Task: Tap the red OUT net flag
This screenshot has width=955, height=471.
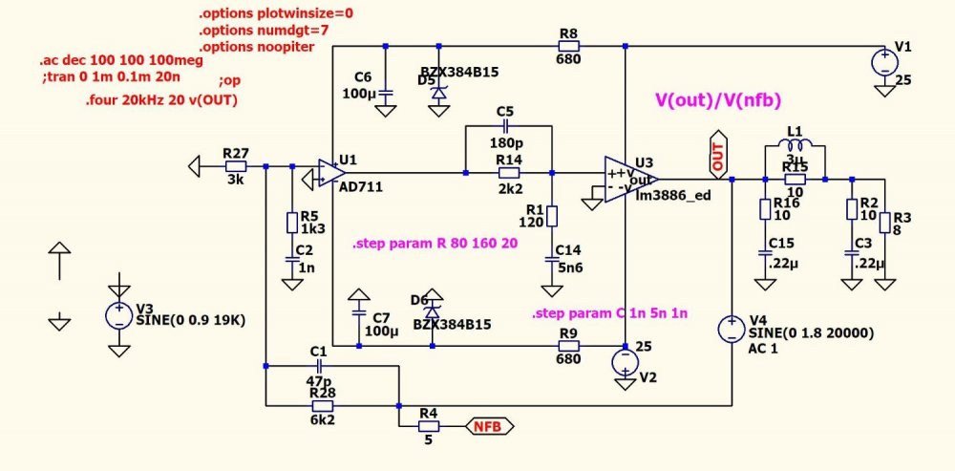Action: (x=718, y=158)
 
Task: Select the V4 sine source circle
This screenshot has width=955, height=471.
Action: (x=732, y=331)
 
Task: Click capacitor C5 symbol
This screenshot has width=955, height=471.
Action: (x=506, y=126)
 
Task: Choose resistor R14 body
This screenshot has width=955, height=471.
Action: (x=509, y=173)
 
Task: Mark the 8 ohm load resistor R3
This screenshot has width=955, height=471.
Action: (x=885, y=223)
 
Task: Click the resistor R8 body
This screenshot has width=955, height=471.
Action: (x=569, y=45)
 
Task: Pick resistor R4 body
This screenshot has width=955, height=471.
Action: (x=429, y=425)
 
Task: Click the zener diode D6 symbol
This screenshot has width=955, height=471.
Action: (x=432, y=309)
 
